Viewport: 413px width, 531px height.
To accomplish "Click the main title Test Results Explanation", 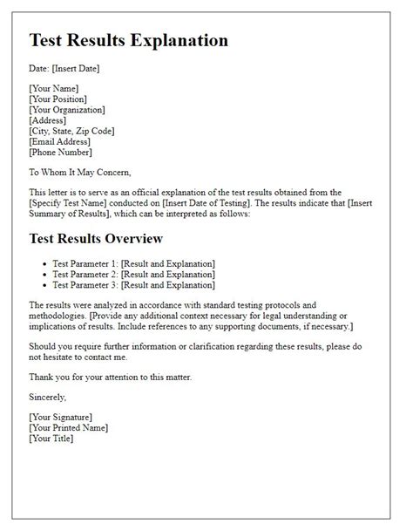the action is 129,41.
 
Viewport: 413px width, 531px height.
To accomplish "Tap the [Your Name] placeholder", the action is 54,89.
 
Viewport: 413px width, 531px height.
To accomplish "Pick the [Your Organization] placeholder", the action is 68,110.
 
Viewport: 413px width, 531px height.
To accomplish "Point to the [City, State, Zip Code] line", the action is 72,131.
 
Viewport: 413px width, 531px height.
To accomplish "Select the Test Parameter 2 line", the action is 134,274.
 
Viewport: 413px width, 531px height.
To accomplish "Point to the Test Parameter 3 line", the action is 134,284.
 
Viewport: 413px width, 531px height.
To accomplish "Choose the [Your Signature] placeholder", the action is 61,417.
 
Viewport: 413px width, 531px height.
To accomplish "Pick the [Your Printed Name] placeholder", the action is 69,427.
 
